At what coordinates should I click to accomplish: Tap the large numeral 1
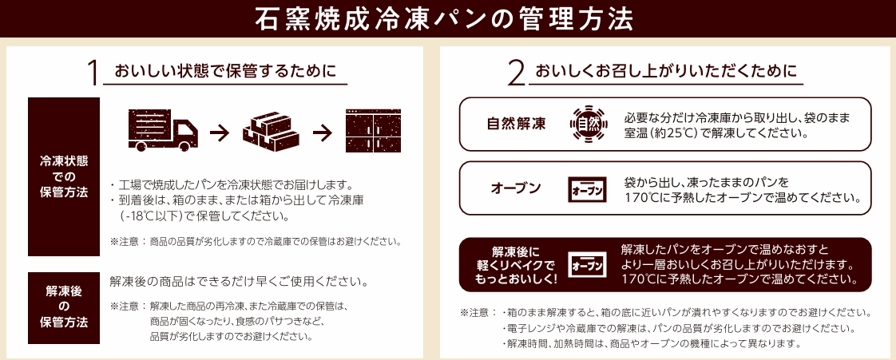pyautogui.click(x=93, y=73)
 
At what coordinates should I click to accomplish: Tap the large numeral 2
pyautogui.click(x=516, y=73)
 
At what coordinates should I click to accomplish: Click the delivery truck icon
pyautogui.click(x=163, y=130)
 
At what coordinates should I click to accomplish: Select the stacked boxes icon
pyautogui.click(x=271, y=131)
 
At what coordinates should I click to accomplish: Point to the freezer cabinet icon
pyautogui.click(x=373, y=130)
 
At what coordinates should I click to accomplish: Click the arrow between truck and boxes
pyautogui.click(x=220, y=133)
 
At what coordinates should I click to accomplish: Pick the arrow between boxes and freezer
pyautogui.click(x=323, y=133)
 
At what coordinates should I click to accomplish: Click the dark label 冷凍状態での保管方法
pyautogui.click(x=64, y=176)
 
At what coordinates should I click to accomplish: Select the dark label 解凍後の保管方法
pyautogui.click(x=64, y=307)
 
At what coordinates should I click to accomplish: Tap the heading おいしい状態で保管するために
pyautogui.click(x=224, y=71)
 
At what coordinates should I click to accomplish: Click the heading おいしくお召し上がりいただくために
pyautogui.click(x=666, y=71)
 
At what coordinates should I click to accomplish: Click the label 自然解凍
pyautogui.click(x=516, y=124)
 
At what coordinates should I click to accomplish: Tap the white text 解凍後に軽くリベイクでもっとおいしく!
pyautogui.click(x=515, y=265)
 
